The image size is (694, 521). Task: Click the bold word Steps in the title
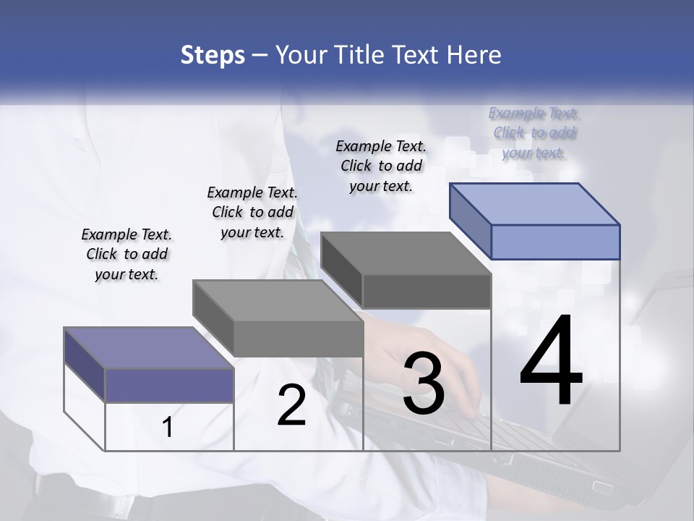point(213,55)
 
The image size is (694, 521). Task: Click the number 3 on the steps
point(424,384)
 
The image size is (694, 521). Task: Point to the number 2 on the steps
point(292,405)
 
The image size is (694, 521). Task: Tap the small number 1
point(168,428)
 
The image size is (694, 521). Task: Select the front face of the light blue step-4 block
point(555,242)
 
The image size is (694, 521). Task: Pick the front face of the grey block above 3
point(427,292)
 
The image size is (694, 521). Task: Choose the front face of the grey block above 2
point(298,339)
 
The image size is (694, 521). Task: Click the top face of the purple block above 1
point(149,348)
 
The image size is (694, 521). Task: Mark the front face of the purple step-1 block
point(169,385)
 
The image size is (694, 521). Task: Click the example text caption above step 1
point(127,254)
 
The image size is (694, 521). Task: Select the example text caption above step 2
point(252,212)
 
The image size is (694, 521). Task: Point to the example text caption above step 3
point(381,166)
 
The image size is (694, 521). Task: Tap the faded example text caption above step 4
point(534,132)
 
